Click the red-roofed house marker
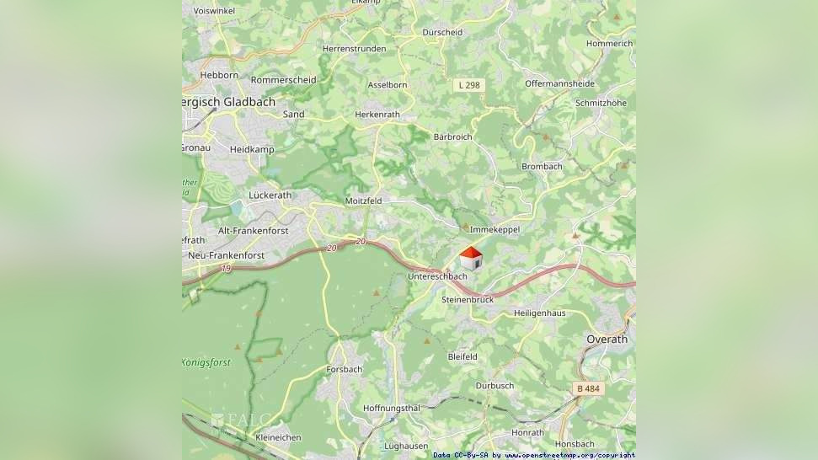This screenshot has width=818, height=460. (x=471, y=258)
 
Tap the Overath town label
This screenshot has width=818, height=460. (x=607, y=339)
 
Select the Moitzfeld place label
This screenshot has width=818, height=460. (x=363, y=201)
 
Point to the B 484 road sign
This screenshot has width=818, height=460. (x=591, y=388)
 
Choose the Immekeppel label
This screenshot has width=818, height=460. (x=495, y=229)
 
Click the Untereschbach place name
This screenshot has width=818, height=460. (x=436, y=276)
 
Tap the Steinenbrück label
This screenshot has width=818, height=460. (x=467, y=299)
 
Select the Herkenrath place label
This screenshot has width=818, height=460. (x=377, y=114)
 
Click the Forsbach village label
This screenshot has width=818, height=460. (x=344, y=369)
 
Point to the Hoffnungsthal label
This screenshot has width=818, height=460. (x=391, y=408)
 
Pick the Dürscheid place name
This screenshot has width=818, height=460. (x=442, y=33)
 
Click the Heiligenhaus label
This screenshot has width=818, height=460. (x=540, y=313)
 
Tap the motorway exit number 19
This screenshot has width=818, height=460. (x=227, y=268)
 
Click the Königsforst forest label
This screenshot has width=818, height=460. (x=206, y=362)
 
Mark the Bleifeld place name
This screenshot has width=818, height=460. (x=462, y=356)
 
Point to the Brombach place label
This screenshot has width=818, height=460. (x=542, y=166)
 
